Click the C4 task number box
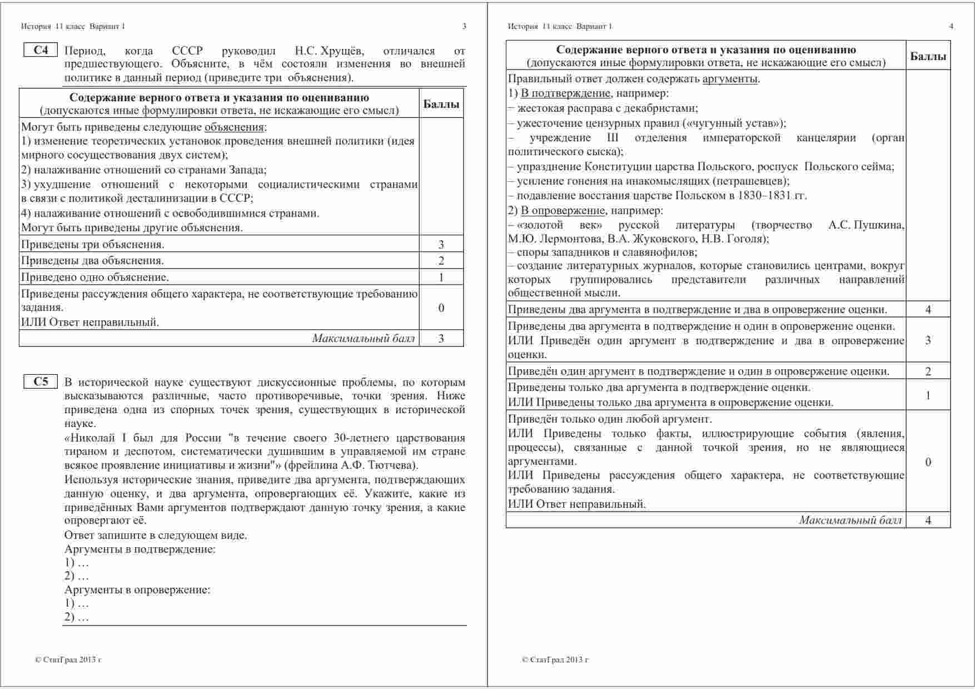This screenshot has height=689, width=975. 41,51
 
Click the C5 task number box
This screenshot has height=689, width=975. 41,382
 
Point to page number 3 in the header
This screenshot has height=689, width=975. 464,26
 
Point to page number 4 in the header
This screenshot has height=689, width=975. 951,26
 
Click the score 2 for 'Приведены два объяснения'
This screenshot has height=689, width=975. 441,261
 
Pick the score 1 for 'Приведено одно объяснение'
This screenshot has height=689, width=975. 441,277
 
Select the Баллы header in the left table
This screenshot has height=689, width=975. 441,104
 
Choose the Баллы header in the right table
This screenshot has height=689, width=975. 928,56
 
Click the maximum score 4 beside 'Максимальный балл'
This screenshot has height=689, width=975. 928,521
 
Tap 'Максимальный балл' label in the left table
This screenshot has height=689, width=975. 363,339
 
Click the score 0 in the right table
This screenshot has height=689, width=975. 928,462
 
